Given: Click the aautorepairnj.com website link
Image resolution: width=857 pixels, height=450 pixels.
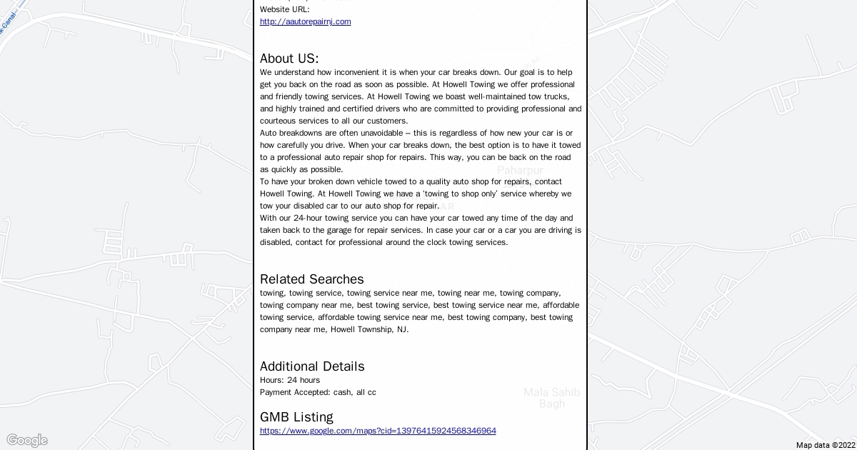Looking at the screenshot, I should coord(305,21).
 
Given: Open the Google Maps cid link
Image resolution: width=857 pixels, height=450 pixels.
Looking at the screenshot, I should coord(378,431).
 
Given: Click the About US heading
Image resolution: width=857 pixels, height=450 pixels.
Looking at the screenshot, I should coord(289,59).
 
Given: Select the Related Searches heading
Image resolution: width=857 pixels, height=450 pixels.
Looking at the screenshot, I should coord(311,279).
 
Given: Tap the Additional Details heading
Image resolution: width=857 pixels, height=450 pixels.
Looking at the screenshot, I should coord(312,366).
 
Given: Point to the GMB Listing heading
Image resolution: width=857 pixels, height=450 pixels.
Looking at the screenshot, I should coord(296,417).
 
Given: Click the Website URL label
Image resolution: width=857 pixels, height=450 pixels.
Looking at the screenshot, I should coord(284,9).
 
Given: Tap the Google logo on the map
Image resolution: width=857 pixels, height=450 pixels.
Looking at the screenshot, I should coord(26,440).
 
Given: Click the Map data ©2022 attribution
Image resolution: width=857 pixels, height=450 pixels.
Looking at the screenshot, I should coord(825,445).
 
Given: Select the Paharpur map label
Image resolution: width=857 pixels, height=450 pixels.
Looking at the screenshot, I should coord(520,170).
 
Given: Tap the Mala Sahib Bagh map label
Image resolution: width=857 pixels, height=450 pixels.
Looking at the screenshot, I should coord(551,398).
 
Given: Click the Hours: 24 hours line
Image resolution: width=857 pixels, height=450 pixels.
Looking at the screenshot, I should coord(290,380).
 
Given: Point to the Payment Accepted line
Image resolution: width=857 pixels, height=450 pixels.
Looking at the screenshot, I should coord(318,392).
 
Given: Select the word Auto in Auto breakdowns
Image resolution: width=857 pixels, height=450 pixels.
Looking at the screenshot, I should coord(269,133).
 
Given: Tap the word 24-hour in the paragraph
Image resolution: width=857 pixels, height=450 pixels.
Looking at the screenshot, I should coord(308,218).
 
